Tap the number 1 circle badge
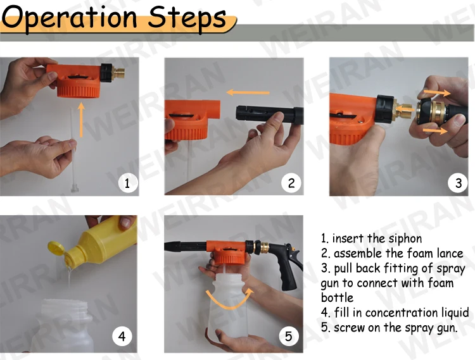(127, 183)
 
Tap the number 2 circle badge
(291, 183)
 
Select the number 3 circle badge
(458, 183)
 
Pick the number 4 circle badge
(122, 337)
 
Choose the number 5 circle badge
(288, 337)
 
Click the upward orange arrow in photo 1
(81, 120)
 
